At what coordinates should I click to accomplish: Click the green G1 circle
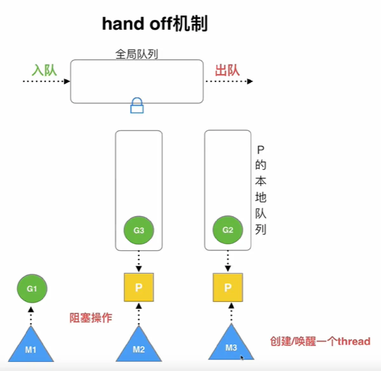(x=32, y=289)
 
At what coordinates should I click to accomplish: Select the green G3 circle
(x=139, y=230)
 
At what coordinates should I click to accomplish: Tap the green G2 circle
(x=228, y=230)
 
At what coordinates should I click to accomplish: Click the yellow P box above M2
(x=139, y=287)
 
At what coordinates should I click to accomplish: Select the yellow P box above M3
(x=228, y=287)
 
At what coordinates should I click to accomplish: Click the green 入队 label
(x=44, y=70)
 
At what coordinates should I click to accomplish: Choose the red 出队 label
(x=227, y=70)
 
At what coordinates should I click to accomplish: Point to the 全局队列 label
(x=137, y=54)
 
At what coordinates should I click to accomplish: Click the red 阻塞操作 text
(x=91, y=317)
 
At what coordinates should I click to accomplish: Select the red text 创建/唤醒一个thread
(x=320, y=341)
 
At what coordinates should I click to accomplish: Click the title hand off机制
(x=155, y=24)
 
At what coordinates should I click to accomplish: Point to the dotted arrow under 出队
(x=229, y=81)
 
